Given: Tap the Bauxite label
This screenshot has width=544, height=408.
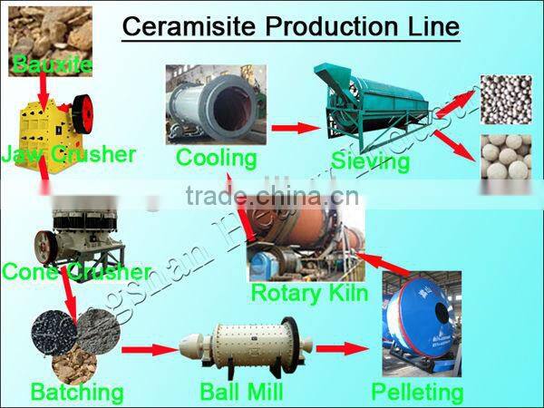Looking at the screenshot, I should click(x=40, y=64).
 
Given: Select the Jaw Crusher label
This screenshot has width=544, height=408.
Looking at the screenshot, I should click(x=69, y=154).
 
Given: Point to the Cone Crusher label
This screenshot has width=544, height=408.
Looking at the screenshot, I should click(x=76, y=271).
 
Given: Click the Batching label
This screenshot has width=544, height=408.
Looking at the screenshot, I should click(x=76, y=393).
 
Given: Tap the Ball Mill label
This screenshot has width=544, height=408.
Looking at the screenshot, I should click(x=241, y=393).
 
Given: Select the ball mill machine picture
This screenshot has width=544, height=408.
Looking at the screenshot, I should click(x=241, y=348).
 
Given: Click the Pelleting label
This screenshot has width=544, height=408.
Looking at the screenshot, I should click(x=417, y=393).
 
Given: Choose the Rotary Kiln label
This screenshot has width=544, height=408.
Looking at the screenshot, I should click(x=309, y=293).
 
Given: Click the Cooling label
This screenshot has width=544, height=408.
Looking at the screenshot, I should click(x=216, y=158).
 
